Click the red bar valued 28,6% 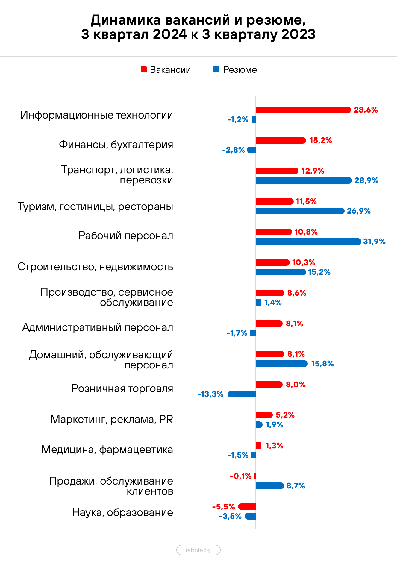point(303,110)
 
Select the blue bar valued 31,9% point(308,242)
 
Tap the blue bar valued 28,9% point(304,180)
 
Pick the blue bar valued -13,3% point(241,394)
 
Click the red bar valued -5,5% point(247,507)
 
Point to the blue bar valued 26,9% point(300,211)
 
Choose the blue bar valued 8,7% point(270,486)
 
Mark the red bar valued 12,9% point(277,171)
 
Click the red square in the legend point(144,69)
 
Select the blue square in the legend point(216,69)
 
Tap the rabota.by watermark point(199,550)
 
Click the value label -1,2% point(238,120)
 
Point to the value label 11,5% point(306,201)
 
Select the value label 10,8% point(306,232)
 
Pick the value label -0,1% point(241,476)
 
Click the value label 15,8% point(321,364)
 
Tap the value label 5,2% point(285,415)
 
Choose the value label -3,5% point(230,516)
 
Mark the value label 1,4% point(273,303)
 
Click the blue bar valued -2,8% point(251,150)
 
